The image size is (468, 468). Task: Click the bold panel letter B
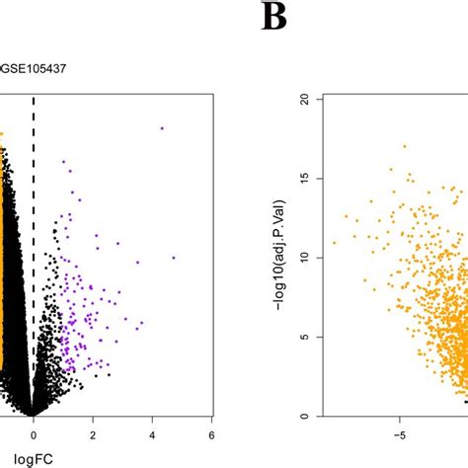[273, 17]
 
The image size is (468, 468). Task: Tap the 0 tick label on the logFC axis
[34, 432]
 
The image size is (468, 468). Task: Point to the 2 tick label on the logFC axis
[93, 432]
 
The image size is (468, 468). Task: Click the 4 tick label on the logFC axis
[152, 432]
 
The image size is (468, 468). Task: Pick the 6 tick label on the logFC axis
[211, 432]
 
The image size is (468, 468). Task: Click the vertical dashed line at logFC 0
[34, 247]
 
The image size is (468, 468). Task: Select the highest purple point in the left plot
[161, 127]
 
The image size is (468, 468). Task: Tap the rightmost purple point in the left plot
[174, 258]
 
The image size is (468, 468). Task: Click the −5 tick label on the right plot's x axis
[400, 432]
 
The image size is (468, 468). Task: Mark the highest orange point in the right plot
[404, 146]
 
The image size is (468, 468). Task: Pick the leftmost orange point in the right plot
[334, 242]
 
